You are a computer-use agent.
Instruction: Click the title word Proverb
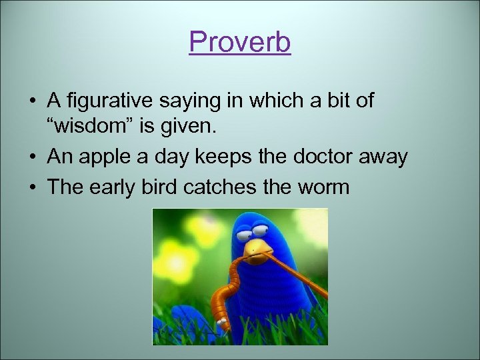point(240,43)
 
